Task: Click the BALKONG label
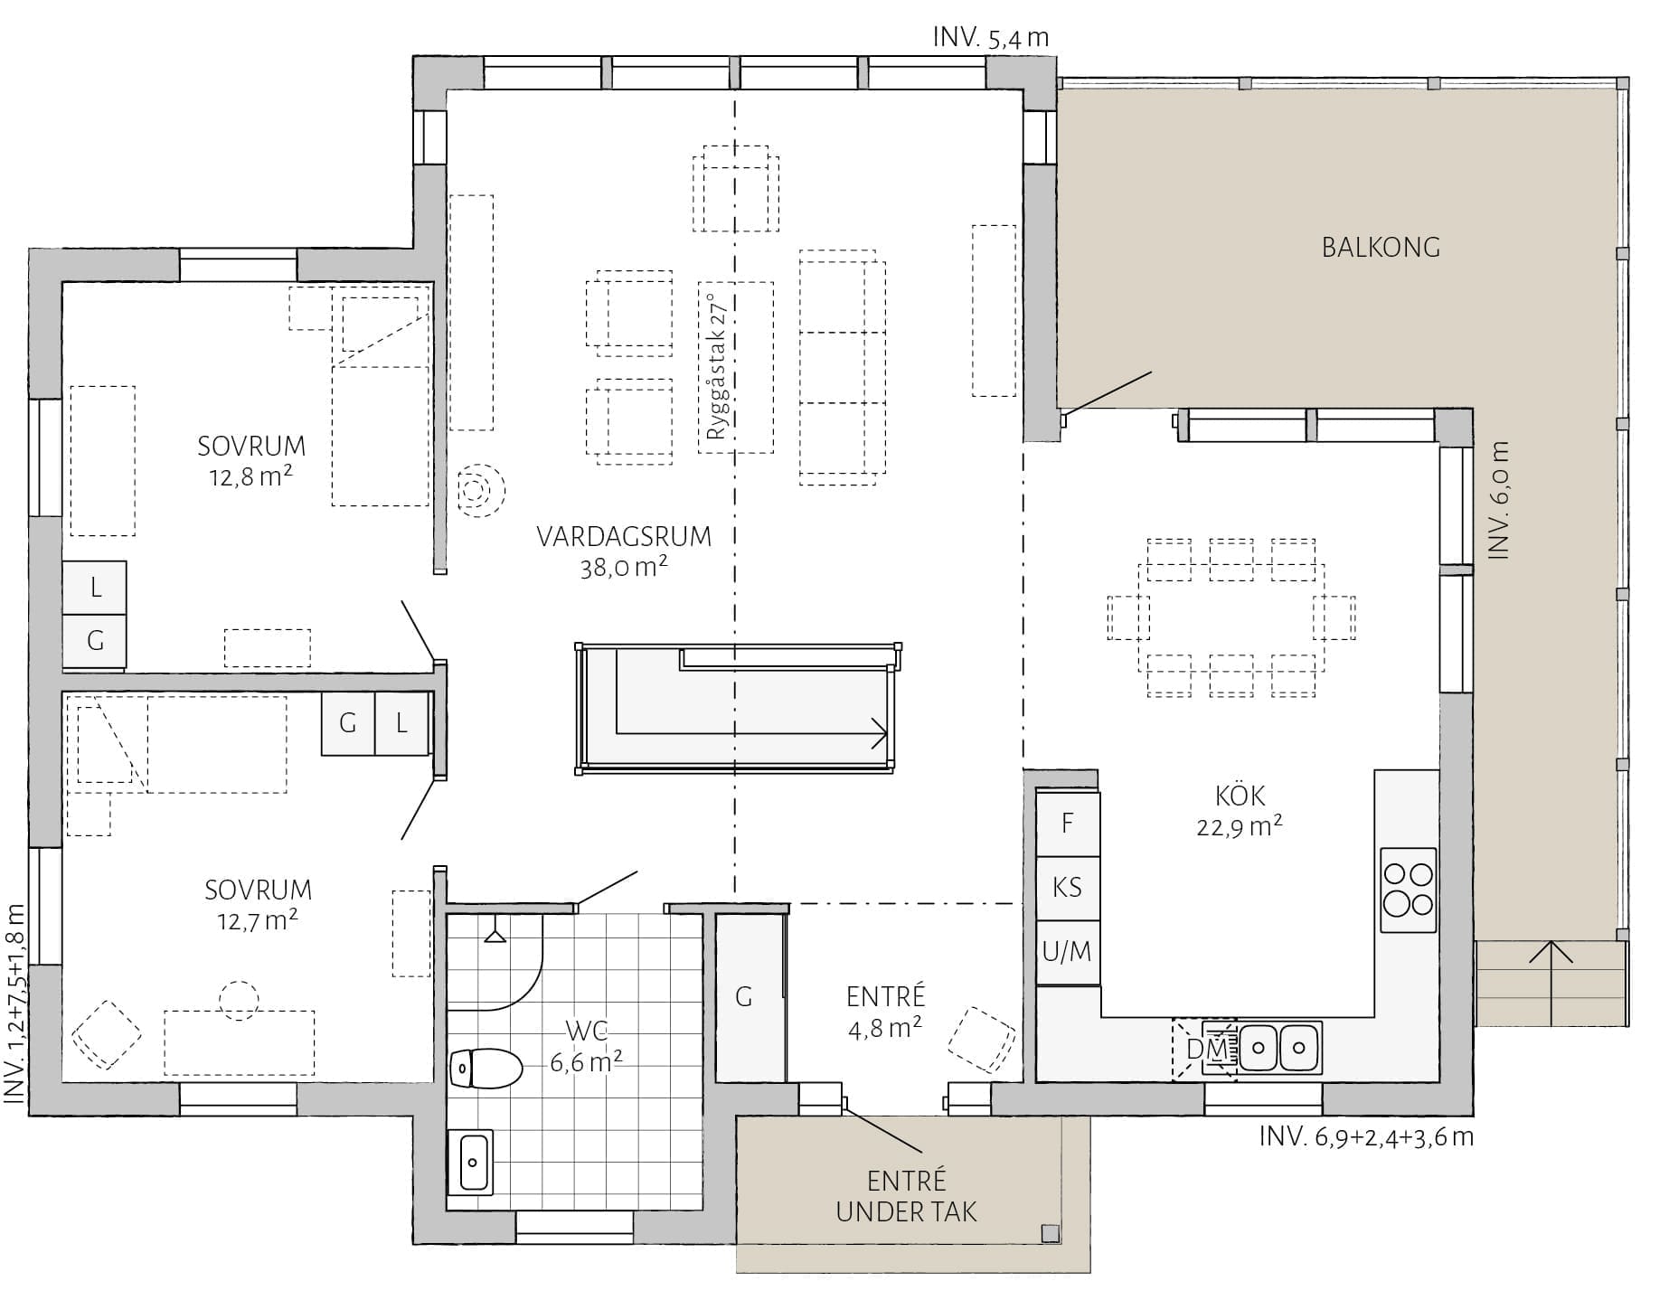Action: click(x=1380, y=247)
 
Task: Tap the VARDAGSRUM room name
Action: click(x=624, y=536)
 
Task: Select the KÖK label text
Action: click(x=1240, y=796)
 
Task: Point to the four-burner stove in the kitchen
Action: click(x=1408, y=890)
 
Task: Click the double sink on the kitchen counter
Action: click(x=1279, y=1047)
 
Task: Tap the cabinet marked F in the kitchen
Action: click(x=1068, y=824)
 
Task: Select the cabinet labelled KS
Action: click(x=1068, y=888)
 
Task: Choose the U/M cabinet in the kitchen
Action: click(x=1068, y=952)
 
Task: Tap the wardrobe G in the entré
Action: click(x=749, y=997)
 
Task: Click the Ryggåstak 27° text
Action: click(x=719, y=366)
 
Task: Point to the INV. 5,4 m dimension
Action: click(x=991, y=37)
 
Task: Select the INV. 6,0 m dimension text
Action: click(x=1498, y=500)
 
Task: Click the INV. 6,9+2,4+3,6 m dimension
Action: click(x=1366, y=1136)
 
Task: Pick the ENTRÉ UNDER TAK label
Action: click(x=906, y=1195)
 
